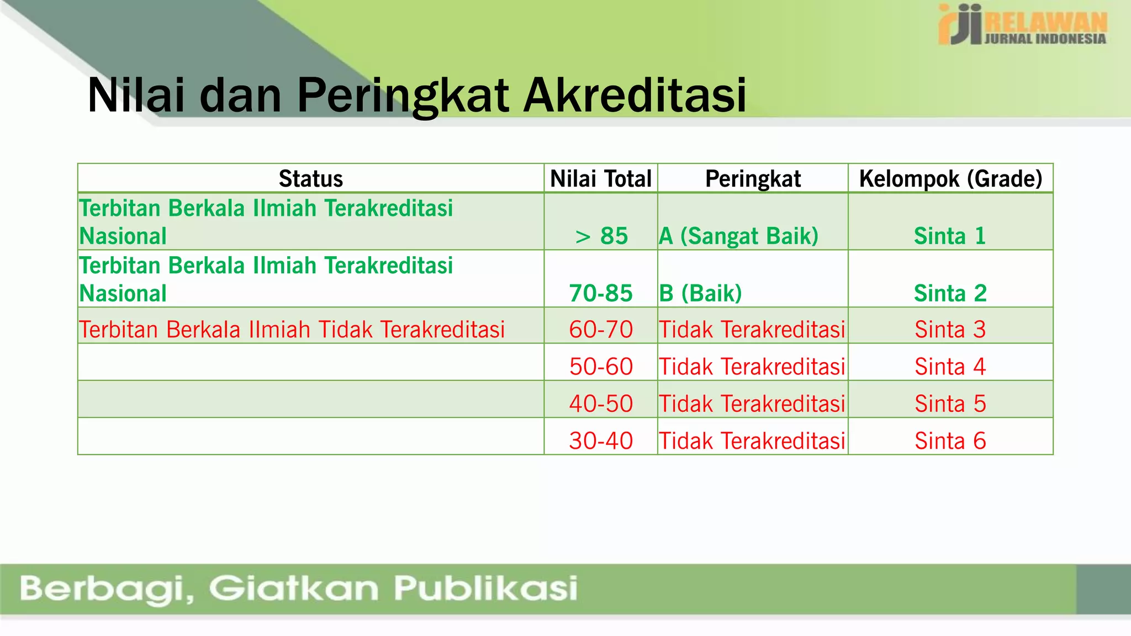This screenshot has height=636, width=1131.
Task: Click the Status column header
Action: (x=310, y=179)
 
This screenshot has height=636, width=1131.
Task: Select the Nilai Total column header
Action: (x=601, y=179)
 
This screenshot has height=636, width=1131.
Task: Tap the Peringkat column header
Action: (x=753, y=179)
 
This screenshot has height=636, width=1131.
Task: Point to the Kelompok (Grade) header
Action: (x=950, y=179)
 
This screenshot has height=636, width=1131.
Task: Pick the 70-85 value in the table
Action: (x=601, y=293)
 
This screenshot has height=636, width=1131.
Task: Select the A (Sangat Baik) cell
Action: (x=738, y=236)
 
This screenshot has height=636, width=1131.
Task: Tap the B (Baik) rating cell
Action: (x=700, y=293)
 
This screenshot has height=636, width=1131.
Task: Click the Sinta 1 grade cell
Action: (x=950, y=236)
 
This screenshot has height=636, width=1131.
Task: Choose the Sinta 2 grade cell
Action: (x=950, y=293)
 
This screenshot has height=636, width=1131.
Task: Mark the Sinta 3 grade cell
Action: (x=950, y=330)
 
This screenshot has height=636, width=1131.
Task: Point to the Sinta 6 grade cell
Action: (x=950, y=441)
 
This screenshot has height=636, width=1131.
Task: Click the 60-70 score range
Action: (x=601, y=330)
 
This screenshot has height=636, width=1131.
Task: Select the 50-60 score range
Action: (x=601, y=367)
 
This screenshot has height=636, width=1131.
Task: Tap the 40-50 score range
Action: (x=601, y=404)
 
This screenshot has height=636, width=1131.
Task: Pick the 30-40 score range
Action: (x=601, y=441)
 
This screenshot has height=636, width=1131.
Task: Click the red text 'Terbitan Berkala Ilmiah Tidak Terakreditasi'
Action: (x=292, y=330)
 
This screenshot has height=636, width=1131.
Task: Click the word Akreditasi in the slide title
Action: (x=635, y=96)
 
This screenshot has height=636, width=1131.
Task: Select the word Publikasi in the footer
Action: (x=485, y=588)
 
